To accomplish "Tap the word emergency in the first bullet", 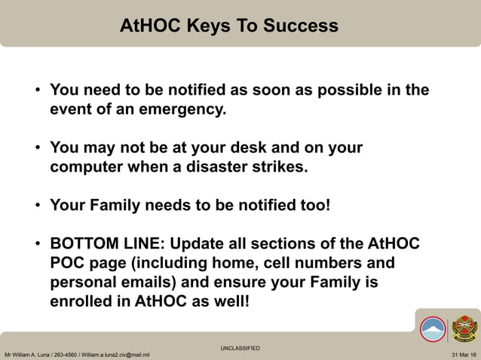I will tap(186, 109).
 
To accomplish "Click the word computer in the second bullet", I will tap(84, 166).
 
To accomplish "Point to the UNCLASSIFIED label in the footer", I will tap(240, 348).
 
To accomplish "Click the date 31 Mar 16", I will tap(464, 354).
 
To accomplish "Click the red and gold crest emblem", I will tap(464, 328).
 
